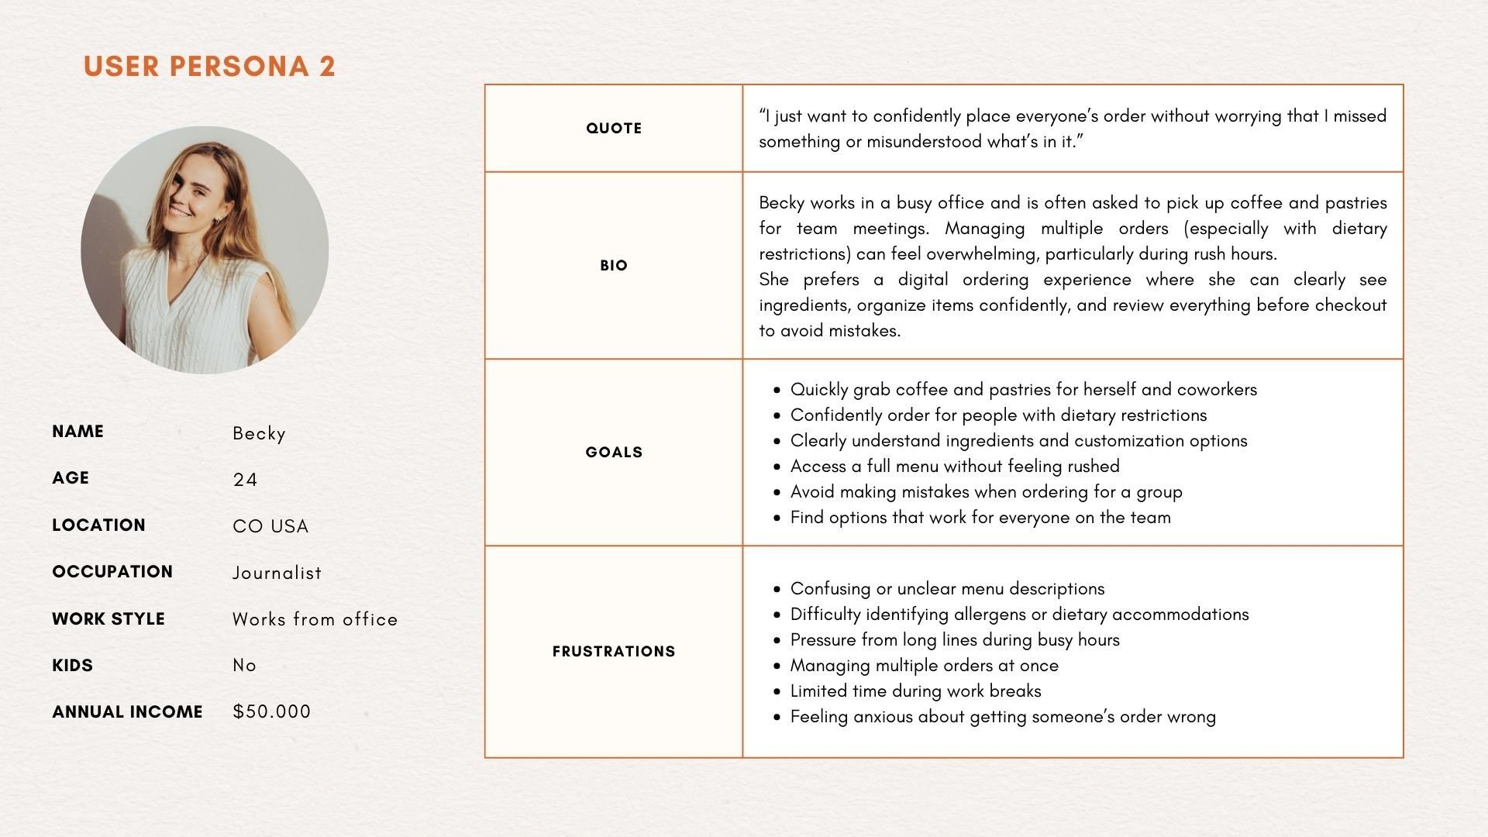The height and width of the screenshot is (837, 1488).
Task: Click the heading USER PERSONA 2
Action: pyautogui.click(x=209, y=67)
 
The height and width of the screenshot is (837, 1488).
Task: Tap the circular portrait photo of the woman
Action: pyautogui.click(x=205, y=250)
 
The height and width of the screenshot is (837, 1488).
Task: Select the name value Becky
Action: pyautogui.click(x=259, y=433)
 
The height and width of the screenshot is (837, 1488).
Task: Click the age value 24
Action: pyautogui.click(x=245, y=480)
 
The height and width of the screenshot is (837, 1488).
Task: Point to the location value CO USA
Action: pyautogui.click(x=270, y=526)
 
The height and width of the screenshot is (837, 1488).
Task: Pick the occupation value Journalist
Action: pyautogui.click(x=277, y=573)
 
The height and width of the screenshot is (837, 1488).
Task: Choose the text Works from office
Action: pyautogui.click(x=315, y=619)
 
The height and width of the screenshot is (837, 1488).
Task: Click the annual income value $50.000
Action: pyautogui.click(x=271, y=711)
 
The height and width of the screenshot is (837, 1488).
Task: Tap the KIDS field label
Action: pyautogui.click(x=72, y=665)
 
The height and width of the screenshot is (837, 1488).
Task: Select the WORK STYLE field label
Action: pyautogui.click(x=108, y=618)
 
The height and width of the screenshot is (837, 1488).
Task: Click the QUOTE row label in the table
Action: pyautogui.click(x=614, y=129)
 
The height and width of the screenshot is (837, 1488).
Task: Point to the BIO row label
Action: pyautogui.click(x=614, y=265)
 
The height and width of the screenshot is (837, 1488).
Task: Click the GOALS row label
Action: pyautogui.click(x=614, y=452)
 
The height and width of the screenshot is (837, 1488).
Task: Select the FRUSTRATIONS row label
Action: pyautogui.click(x=614, y=651)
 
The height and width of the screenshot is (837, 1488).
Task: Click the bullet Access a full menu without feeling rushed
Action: pyautogui.click(x=955, y=467)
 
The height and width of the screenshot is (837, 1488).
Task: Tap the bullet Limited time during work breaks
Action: pyautogui.click(x=915, y=691)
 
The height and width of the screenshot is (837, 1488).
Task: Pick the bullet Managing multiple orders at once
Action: pyautogui.click(x=924, y=666)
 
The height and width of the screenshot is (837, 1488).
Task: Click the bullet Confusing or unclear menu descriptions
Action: pyautogui.click(x=947, y=589)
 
